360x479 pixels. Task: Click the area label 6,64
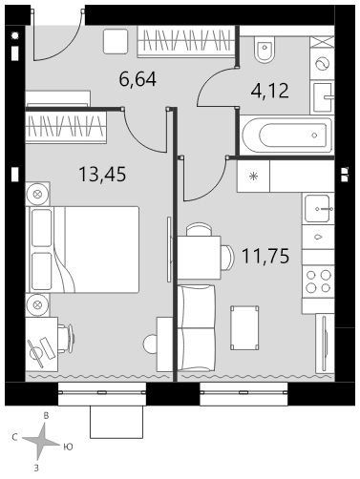click(x=138, y=79)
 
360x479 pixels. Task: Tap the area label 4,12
click(x=270, y=91)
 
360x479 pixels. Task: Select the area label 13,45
click(x=102, y=175)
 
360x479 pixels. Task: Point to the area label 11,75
click(x=265, y=256)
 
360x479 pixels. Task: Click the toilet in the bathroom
click(x=265, y=50)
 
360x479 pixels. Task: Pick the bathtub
click(x=287, y=135)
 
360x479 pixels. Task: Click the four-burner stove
click(x=318, y=281)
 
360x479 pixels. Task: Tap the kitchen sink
click(x=317, y=209)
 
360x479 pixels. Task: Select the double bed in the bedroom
click(x=84, y=249)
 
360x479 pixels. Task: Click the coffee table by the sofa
click(x=244, y=328)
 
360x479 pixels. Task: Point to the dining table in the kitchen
click(x=200, y=258)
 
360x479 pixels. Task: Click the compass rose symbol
click(x=42, y=443)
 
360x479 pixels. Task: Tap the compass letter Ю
click(x=68, y=447)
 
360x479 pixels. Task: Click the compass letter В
click(x=46, y=416)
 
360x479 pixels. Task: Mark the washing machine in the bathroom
click(x=322, y=64)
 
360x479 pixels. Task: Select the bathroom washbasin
click(x=323, y=97)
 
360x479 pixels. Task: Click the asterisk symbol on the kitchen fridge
click(x=254, y=176)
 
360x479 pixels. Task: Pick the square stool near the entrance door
click(x=116, y=41)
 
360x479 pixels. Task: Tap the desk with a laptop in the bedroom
click(x=42, y=344)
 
